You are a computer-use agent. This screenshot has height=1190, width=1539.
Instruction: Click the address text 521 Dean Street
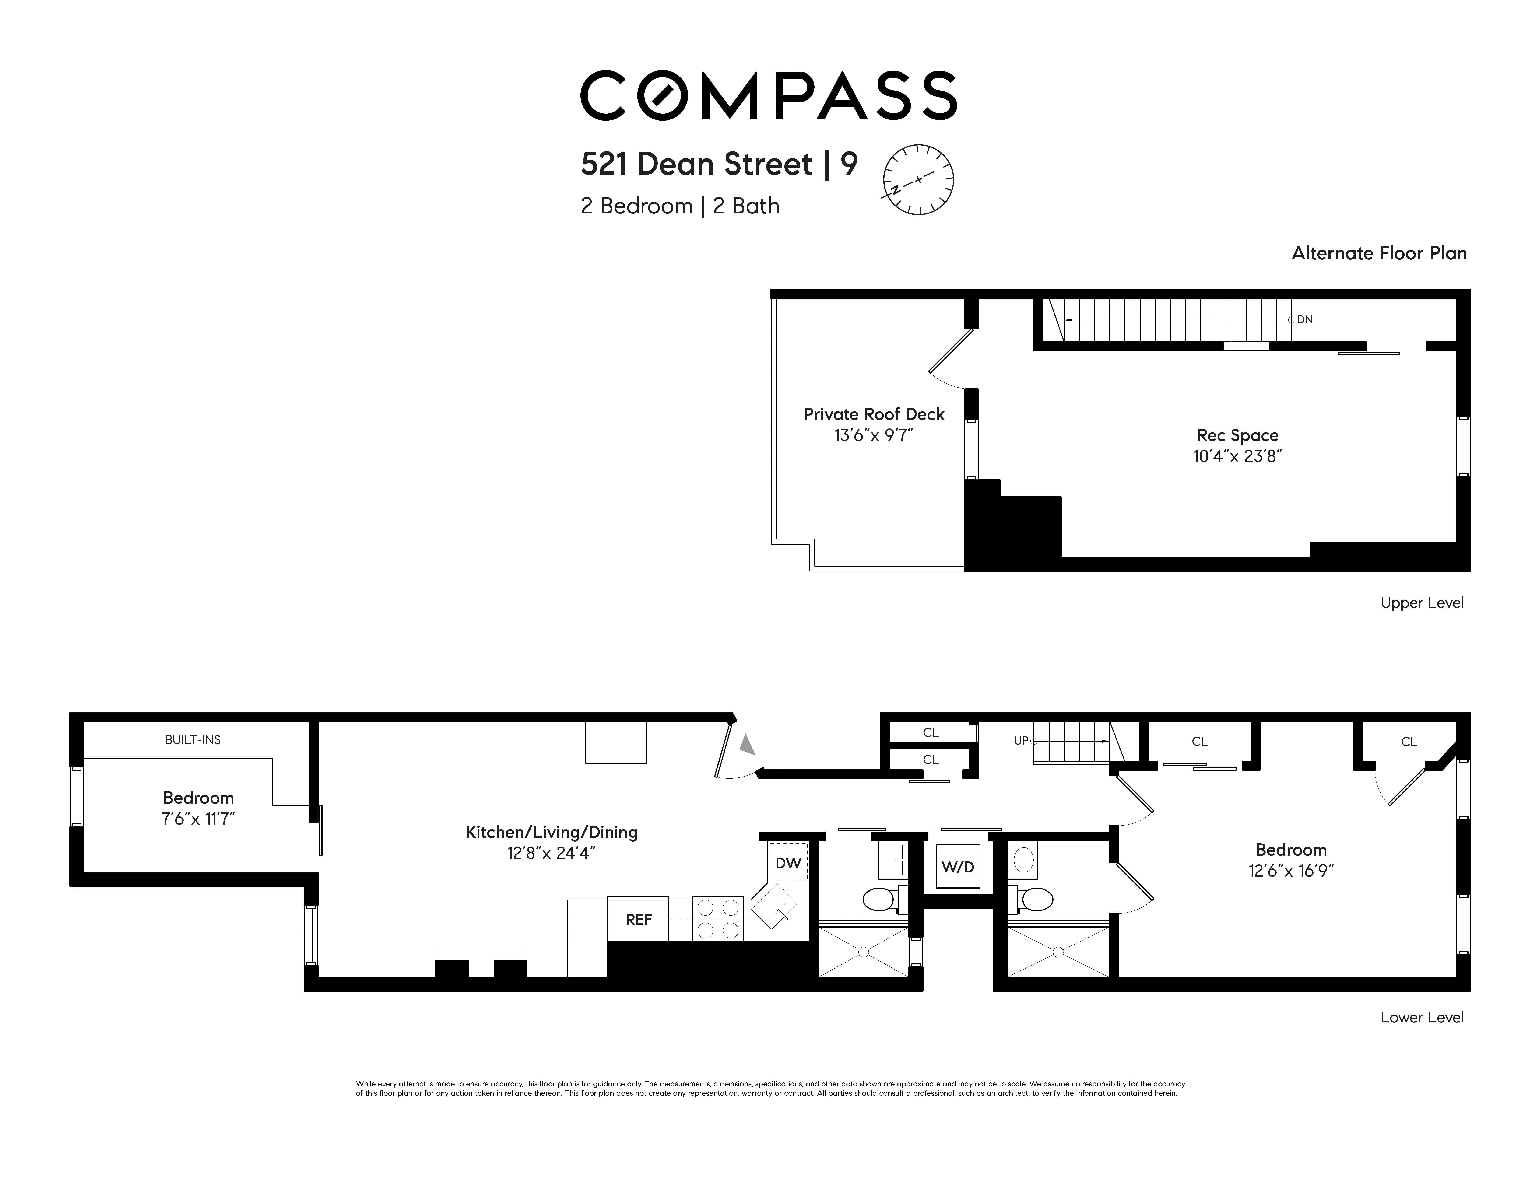(x=696, y=164)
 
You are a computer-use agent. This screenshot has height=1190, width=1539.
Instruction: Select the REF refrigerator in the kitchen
(x=638, y=919)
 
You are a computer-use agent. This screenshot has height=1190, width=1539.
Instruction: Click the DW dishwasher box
(x=788, y=863)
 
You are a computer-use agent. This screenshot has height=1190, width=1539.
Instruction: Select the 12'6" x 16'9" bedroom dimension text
(x=1291, y=871)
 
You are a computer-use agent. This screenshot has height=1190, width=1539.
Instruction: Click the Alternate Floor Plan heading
(x=1379, y=254)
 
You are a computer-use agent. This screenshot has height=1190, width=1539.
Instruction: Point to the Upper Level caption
(x=1421, y=603)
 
